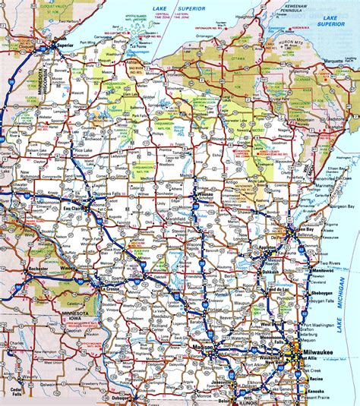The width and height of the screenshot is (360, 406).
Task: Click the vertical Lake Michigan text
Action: pyautogui.click(x=347, y=304)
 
